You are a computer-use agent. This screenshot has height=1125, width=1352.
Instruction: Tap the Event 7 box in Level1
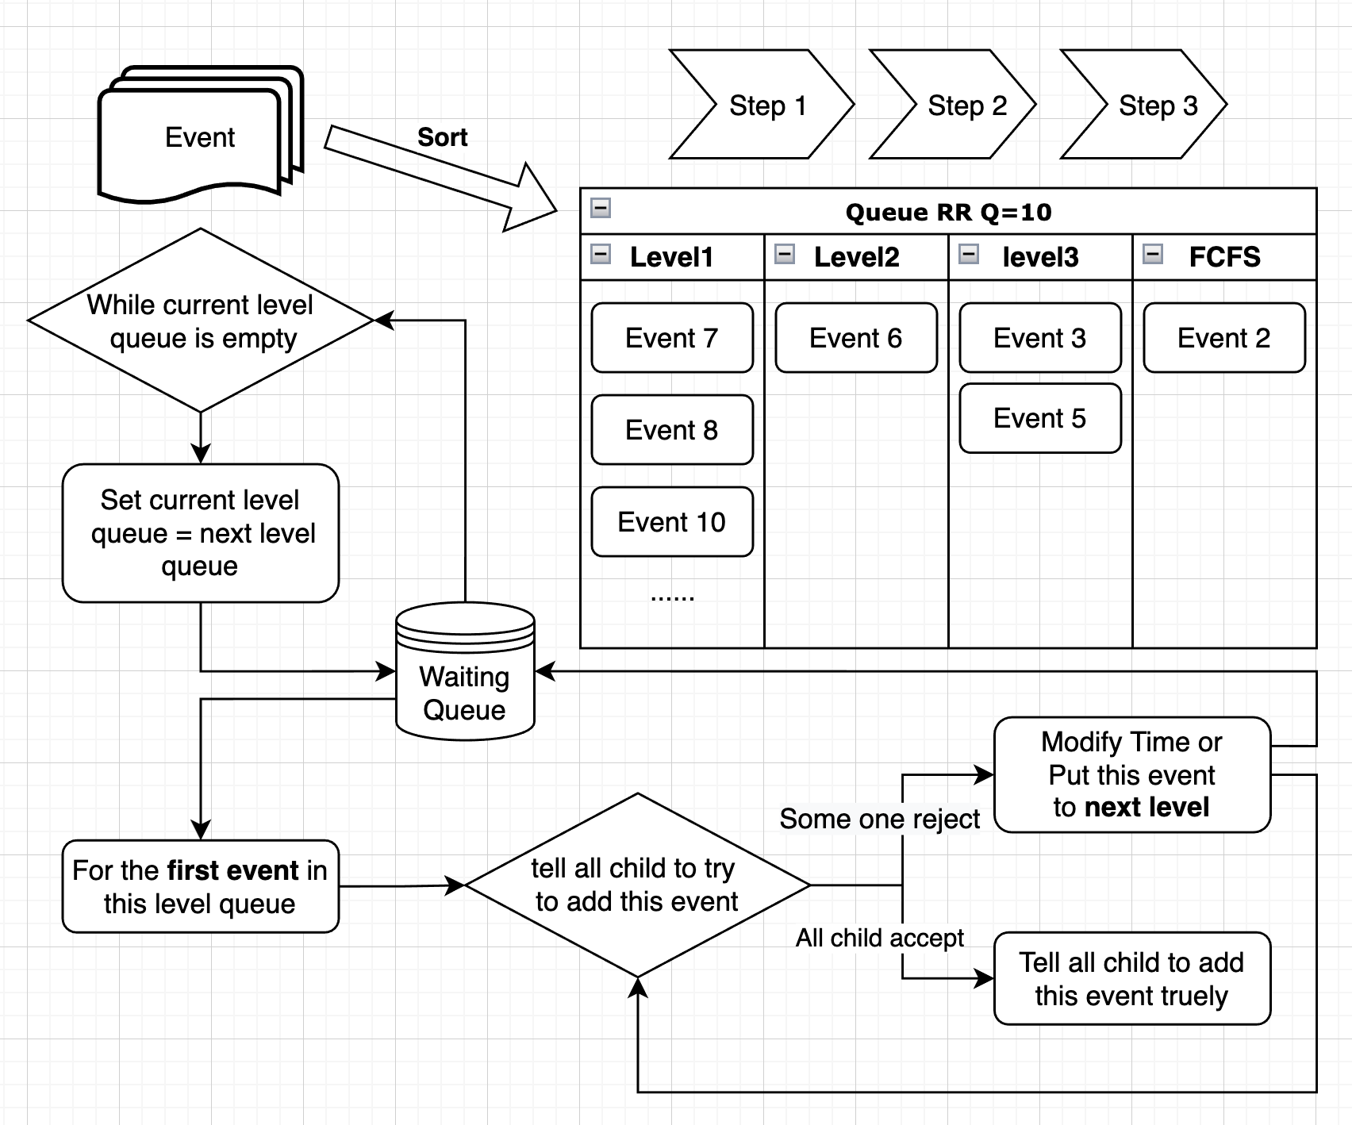pyautogui.click(x=671, y=338)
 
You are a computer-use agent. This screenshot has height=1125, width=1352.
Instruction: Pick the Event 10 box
pyautogui.click(x=671, y=522)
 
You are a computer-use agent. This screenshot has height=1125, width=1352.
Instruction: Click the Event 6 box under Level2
pyautogui.click(x=855, y=338)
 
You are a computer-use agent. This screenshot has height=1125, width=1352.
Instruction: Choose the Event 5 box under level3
pyautogui.click(x=1039, y=418)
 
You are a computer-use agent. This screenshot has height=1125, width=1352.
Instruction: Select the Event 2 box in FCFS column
pyautogui.click(x=1223, y=338)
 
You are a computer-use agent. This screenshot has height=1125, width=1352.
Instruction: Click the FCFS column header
pyautogui.click(x=1224, y=257)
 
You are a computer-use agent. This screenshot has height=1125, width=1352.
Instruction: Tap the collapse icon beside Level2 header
pyautogui.click(x=785, y=255)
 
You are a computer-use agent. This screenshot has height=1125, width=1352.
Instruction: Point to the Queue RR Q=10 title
pyautogui.click(x=948, y=212)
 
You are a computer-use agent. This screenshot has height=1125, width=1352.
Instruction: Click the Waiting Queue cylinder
pyautogui.click(x=465, y=682)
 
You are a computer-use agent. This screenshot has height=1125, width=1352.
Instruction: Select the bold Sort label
pyautogui.click(x=442, y=137)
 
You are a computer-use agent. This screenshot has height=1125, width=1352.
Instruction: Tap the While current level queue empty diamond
pyautogui.click(x=200, y=321)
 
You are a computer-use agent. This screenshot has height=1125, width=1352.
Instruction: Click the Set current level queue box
pyautogui.click(x=200, y=533)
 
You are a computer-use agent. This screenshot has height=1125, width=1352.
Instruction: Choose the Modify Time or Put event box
pyautogui.click(x=1131, y=774)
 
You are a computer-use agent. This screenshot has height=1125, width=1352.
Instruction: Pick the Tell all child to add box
pyautogui.click(x=1131, y=978)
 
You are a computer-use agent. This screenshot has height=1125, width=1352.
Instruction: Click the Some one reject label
pyautogui.click(x=879, y=819)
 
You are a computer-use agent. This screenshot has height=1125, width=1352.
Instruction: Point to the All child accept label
pyautogui.click(x=879, y=938)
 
